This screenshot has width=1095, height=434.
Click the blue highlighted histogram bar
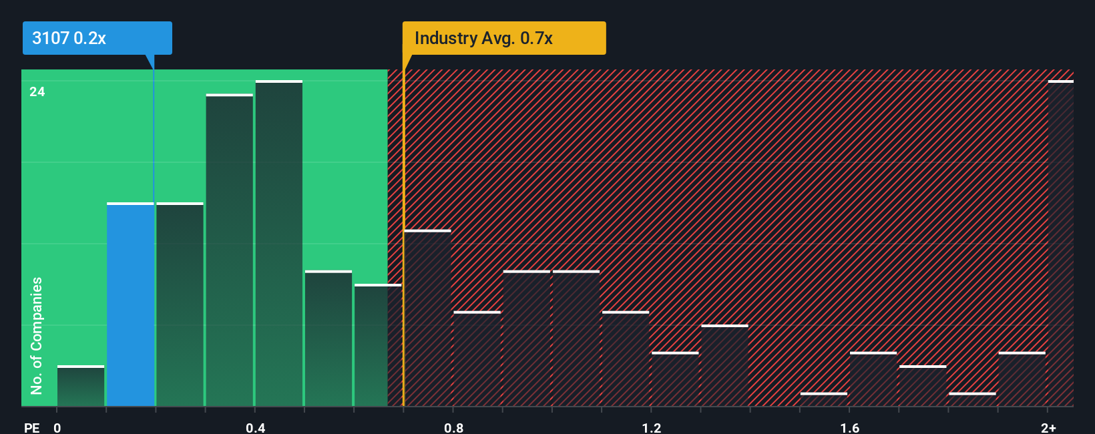point(130,304)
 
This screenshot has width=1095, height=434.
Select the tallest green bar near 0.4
point(279,244)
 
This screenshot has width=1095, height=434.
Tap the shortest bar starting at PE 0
point(81,386)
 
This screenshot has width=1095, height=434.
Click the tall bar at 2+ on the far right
point(1060,244)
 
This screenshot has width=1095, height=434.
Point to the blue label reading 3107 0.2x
point(97,38)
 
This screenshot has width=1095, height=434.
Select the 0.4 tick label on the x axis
point(255,427)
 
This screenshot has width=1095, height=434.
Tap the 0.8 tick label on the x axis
point(453,427)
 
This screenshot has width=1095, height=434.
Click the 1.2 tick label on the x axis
point(652,427)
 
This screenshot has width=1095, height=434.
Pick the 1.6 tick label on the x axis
point(849,427)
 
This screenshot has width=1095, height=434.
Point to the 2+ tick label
point(1048,427)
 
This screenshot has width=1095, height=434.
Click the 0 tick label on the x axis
point(57,427)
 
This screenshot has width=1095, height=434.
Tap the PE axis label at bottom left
point(31,427)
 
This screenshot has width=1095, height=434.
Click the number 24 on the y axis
point(37,91)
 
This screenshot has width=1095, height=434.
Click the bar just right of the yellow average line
point(428,318)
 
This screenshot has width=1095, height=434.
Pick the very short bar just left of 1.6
point(824,399)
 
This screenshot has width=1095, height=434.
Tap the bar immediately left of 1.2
point(626,359)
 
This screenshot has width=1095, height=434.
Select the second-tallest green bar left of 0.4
point(230,250)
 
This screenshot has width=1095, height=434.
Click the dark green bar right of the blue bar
point(180,304)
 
